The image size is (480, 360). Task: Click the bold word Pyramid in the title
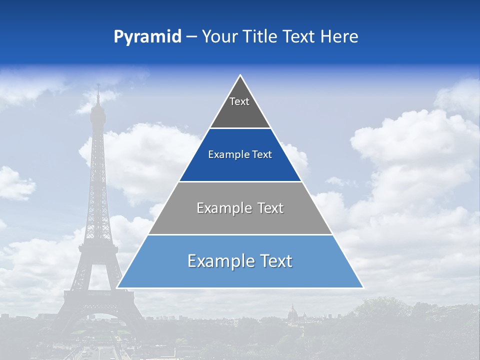point(147,37)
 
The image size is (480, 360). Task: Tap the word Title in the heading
point(260,37)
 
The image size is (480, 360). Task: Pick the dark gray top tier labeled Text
point(239,107)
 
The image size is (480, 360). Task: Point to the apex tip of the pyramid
point(240,76)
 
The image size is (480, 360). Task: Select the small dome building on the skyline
point(292,312)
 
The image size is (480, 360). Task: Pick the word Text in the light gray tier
point(270,208)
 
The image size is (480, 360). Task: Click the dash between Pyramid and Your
point(191,37)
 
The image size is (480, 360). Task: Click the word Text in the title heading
point(298,37)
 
